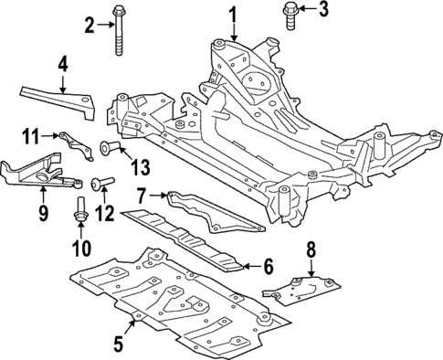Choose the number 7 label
coord(142,195)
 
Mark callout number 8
coord(310,248)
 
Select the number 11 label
coord(29,137)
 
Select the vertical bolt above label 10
coord(80,208)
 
